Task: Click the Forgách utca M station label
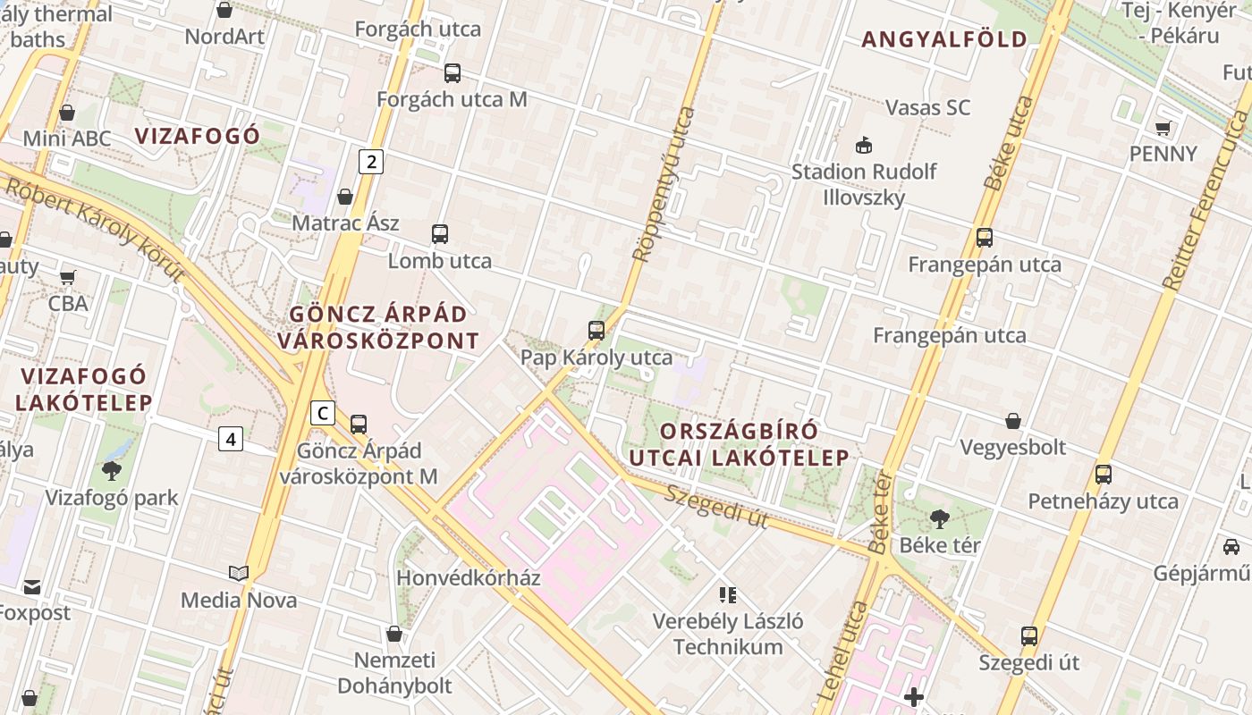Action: tap(452, 99)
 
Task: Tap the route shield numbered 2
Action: tap(371, 162)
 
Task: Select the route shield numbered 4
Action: tap(231, 439)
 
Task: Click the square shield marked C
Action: tap(322, 413)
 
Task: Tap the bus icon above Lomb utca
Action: tap(439, 234)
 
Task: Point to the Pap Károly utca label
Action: tap(596, 358)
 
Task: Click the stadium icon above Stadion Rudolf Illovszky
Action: tap(864, 145)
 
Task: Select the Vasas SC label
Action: tap(927, 107)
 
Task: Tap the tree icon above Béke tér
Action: tap(939, 518)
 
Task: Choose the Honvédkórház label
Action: tap(469, 578)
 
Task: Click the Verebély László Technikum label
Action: tap(728, 634)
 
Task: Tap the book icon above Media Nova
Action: tap(238, 573)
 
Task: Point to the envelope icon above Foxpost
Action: tap(32, 587)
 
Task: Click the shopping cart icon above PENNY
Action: tap(1163, 128)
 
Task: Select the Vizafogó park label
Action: tap(112, 498)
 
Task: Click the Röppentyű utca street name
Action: tap(663, 184)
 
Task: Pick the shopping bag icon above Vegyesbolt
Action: tap(1013, 420)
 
